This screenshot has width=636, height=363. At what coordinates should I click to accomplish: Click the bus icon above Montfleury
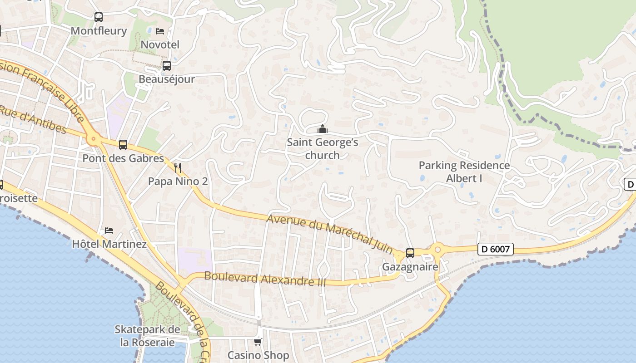[99, 17]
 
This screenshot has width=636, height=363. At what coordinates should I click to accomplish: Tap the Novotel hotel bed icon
[160, 31]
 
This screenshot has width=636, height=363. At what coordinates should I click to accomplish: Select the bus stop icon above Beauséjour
[167, 65]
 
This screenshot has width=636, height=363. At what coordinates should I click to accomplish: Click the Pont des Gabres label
[123, 158]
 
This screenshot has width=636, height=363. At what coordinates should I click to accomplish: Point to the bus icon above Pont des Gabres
[123, 144]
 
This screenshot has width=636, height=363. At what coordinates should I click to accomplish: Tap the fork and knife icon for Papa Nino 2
[178, 168]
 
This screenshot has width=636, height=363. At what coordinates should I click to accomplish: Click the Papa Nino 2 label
[178, 181]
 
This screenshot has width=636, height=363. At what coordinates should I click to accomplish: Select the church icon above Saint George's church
[323, 129]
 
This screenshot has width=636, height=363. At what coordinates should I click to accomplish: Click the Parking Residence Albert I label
[464, 172]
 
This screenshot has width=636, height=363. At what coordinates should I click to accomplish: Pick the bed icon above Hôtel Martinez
[109, 230]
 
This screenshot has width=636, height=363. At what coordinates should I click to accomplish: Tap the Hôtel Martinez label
[109, 244]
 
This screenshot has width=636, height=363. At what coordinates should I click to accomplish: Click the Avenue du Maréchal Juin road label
[329, 234]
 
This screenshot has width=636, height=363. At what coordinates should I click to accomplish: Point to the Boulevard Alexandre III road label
[265, 279]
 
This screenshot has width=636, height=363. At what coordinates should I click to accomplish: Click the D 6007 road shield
[496, 249]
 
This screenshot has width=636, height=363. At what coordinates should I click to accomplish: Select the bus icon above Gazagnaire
[410, 253]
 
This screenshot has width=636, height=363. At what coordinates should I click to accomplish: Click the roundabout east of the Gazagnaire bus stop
[438, 249]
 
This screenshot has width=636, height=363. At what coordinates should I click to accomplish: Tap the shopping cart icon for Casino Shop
[258, 341]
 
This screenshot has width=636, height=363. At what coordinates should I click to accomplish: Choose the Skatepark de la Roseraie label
[147, 336]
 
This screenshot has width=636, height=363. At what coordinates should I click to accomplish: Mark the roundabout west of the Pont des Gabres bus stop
[94, 139]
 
